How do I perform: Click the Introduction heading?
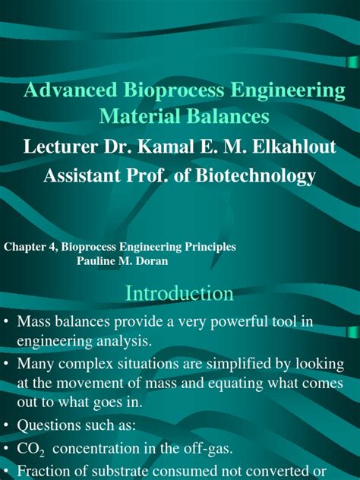[179, 293]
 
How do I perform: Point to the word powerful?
[231, 322]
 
